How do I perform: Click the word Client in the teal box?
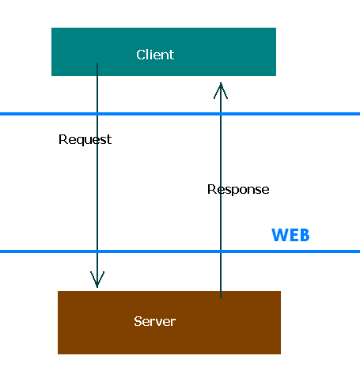155,55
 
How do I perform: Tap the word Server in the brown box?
155,321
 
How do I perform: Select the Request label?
85,140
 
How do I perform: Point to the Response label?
238,190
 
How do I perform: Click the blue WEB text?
290,235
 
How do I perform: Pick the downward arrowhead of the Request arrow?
97,279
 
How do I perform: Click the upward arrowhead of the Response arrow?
221,91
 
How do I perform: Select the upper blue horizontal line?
180,114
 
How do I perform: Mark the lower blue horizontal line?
180,252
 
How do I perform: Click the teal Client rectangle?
164,51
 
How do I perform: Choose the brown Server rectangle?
169,323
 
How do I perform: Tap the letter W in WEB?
279,235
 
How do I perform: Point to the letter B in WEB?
305,235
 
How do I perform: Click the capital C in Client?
140,55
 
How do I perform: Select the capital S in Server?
138,321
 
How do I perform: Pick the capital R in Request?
63,139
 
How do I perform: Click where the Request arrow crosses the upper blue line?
97,114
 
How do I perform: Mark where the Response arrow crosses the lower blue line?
221,252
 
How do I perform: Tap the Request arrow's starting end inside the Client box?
97,63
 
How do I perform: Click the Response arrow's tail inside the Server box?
221,297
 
